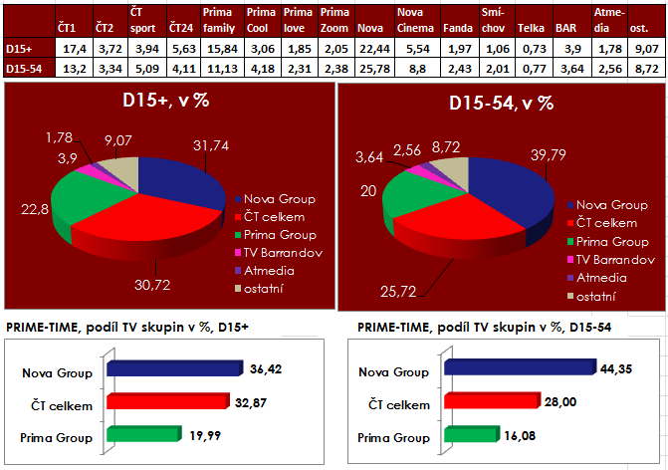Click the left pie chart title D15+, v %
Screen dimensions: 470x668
[x=166, y=103]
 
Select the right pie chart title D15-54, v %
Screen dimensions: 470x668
[x=501, y=103]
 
